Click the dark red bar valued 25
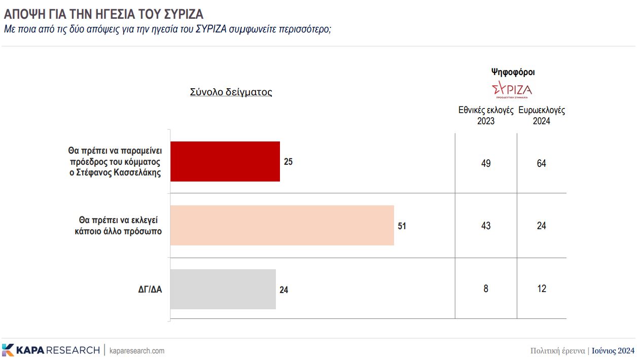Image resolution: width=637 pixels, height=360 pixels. pos(225,161)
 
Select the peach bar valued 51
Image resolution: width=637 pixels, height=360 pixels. pos(282,225)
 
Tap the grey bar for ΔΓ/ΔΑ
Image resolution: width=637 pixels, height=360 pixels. pos(223,289)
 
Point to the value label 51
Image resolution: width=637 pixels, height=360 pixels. pos(402,226)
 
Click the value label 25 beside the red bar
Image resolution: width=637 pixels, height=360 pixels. pos(289,162)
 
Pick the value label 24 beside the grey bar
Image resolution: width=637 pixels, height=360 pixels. pos(284,290)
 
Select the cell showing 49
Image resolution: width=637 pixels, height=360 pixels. pos(486,164)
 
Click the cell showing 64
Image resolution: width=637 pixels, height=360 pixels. pos(541,164)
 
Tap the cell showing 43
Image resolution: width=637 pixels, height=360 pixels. pos(486,226)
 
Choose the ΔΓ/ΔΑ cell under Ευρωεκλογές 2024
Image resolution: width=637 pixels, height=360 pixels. pos(541,289)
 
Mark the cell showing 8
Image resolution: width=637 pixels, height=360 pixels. pos(486,289)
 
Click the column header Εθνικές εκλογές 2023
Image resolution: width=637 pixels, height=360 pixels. pos(486,116)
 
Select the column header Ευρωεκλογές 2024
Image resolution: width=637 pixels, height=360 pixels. pos(542,116)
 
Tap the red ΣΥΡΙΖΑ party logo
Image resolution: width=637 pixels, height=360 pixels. pos(512,90)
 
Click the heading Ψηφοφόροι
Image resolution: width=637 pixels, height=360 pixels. pos(513,72)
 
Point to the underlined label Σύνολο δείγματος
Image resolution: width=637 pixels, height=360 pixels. pos(231,92)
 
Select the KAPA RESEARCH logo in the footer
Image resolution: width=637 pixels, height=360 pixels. pos(51,350)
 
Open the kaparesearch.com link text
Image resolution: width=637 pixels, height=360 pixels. pos(137,350)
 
